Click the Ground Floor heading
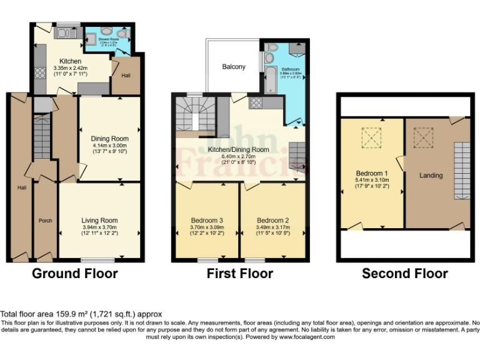point(74,273)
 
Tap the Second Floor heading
point(404,273)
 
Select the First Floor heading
point(239,273)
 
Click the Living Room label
point(99,220)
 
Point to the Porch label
point(45,220)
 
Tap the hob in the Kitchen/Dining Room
point(256,102)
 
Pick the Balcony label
point(234,67)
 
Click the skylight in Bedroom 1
point(372,136)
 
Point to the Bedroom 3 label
point(206,220)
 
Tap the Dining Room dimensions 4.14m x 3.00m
point(110,145)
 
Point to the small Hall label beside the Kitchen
point(125,75)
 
